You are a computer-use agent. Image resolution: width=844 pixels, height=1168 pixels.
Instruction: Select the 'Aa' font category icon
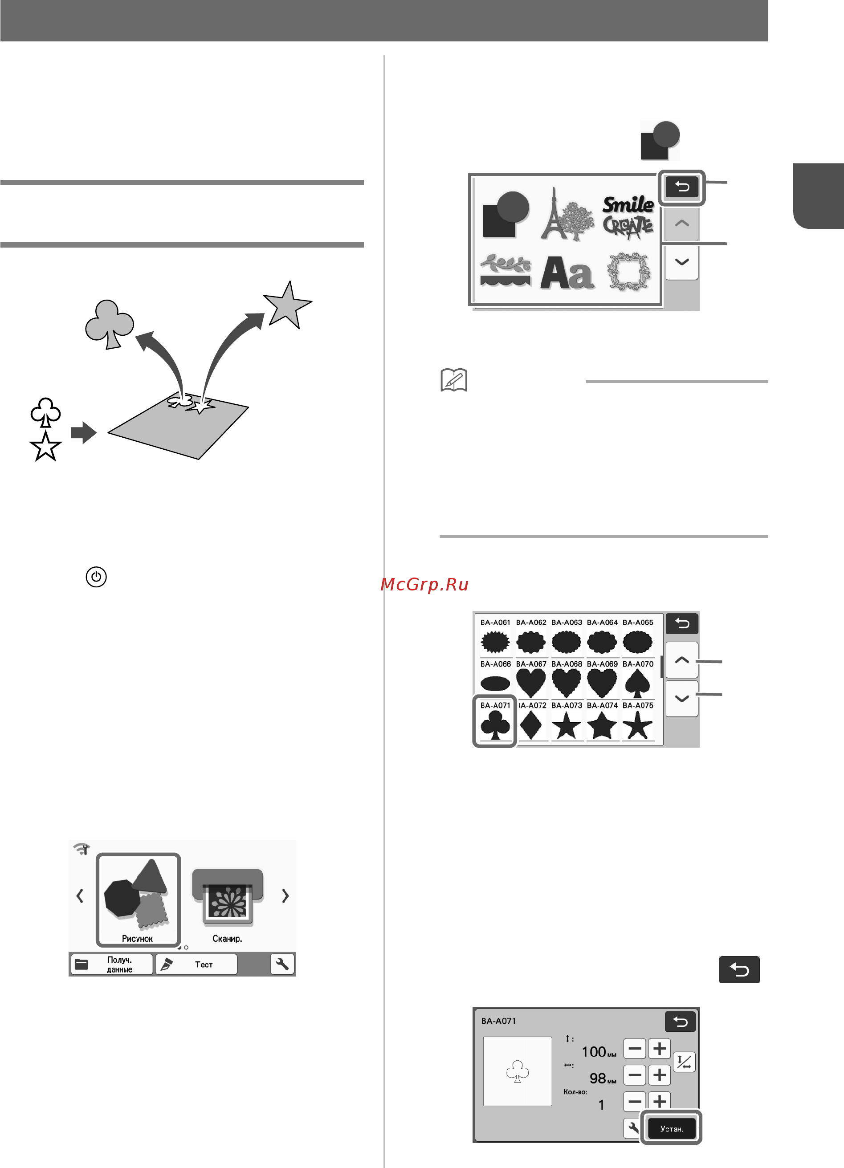pyautogui.click(x=567, y=273)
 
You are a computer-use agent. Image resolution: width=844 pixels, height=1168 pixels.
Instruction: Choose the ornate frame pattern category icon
pyautogui.click(x=628, y=271)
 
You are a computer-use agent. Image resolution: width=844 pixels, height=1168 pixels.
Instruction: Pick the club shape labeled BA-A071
pyautogui.click(x=495, y=720)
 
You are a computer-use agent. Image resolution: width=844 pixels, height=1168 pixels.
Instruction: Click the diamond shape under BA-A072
pyautogui.click(x=531, y=725)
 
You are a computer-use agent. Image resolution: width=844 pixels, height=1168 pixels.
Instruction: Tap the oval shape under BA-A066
pyautogui.click(x=495, y=684)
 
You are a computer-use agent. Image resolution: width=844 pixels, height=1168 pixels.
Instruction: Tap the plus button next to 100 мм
pyautogui.click(x=659, y=1048)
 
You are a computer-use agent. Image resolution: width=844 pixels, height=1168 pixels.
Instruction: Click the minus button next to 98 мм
pyautogui.click(x=635, y=1075)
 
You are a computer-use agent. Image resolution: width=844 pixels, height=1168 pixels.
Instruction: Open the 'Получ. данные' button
pyautogui.click(x=111, y=964)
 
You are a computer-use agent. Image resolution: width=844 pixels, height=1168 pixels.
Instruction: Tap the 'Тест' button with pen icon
pyautogui.click(x=196, y=964)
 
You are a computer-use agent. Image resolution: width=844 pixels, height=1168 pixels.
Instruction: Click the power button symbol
pyautogui.click(x=96, y=577)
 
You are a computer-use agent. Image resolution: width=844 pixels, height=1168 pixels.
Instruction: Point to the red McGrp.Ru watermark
pyautogui.click(x=424, y=584)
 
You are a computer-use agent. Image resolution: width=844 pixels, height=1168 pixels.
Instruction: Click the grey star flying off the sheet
pyautogui.click(x=287, y=305)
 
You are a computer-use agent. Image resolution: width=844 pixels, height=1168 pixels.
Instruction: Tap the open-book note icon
pyautogui.click(x=454, y=380)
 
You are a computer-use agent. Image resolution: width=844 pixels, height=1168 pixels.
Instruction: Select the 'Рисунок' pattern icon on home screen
pyautogui.click(x=138, y=899)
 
